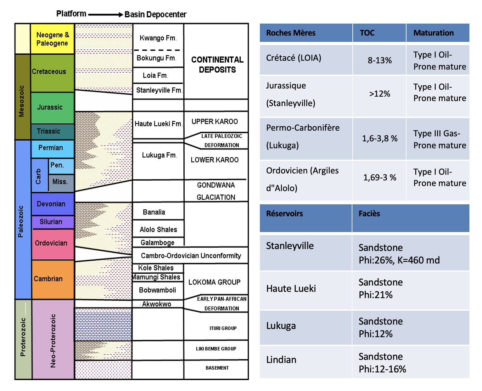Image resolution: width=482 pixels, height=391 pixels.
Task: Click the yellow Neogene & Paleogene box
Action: click(52, 39)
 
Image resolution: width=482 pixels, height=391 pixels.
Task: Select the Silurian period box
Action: click(53, 222)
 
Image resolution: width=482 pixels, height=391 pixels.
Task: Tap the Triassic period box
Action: click(53, 131)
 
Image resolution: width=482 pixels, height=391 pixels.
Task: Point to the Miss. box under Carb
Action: click(61, 182)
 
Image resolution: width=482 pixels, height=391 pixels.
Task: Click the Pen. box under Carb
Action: click(61, 166)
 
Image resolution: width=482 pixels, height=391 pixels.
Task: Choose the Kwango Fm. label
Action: click(158, 38)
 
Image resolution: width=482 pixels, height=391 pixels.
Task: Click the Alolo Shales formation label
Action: click(158, 229)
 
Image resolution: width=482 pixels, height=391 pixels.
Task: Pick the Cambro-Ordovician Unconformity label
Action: click(191, 256)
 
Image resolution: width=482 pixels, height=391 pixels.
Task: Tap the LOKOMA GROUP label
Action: click(215, 282)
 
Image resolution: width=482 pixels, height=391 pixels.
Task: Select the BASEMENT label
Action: click(217, 368)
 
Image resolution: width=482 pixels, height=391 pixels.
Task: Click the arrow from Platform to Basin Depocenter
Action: click(105, 14)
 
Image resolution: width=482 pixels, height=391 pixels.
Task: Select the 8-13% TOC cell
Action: click(379, 60)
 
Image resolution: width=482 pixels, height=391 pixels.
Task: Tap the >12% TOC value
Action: click(379, 94)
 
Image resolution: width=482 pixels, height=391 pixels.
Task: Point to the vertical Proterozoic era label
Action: click(23, 337)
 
